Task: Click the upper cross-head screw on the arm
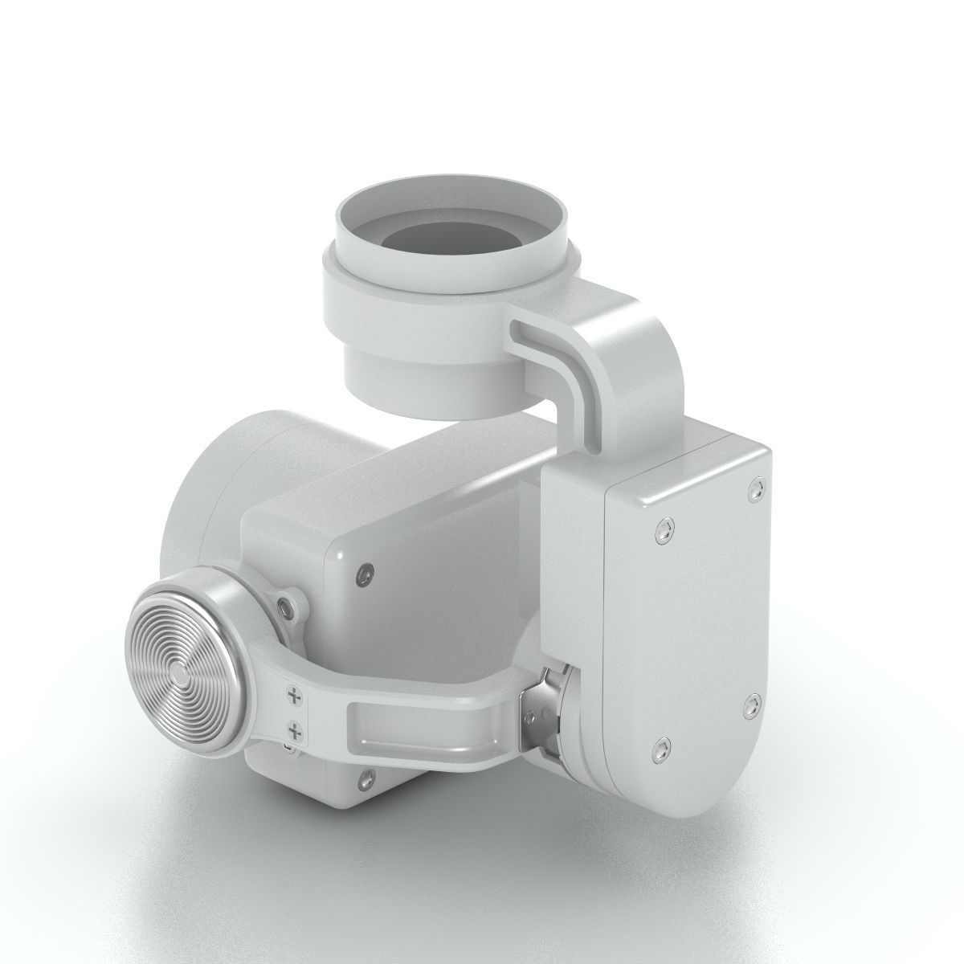point(295,695)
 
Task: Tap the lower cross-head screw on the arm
point(296,730)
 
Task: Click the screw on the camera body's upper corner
point(366,572)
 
